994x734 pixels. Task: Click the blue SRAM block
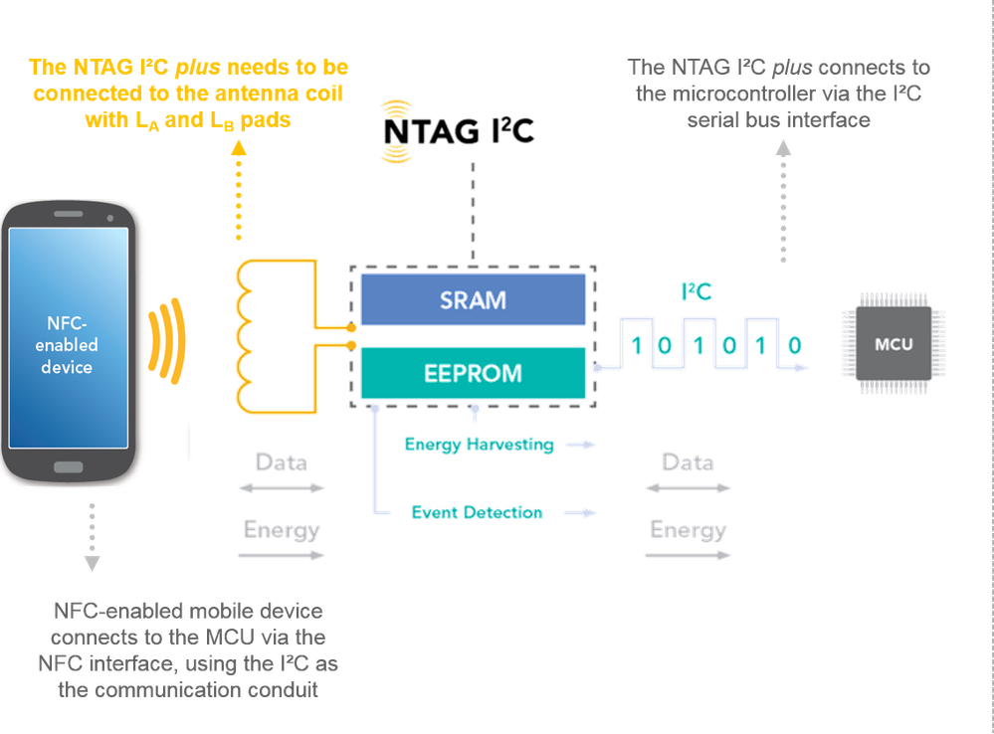tap(472, 298)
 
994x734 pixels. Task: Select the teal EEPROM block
tap(472, 373)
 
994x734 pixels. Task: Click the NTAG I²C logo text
tap(459, 130)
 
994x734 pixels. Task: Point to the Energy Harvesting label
tap(480, 445)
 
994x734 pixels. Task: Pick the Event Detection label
tap(477, 512)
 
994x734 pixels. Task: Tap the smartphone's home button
tap(68, 466)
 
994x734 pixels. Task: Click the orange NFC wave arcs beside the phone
tap(170, 340)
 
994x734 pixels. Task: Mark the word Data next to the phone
tap(282, 463)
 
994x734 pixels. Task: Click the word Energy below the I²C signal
tap(688, 530)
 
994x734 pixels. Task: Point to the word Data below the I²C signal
tap(688, 463)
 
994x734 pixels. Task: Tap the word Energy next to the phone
tap(282, 530)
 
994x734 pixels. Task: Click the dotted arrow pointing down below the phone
tap(92, 537)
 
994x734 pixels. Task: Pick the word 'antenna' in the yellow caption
tap(249, 93)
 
